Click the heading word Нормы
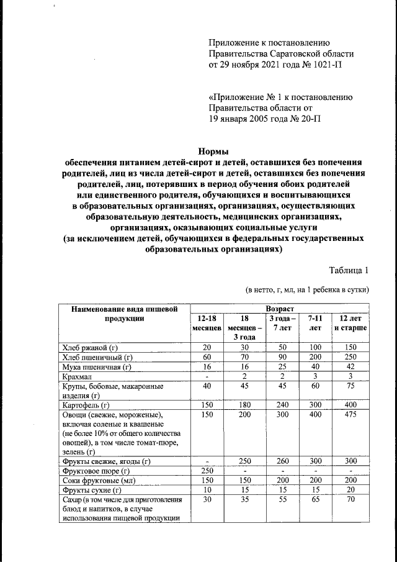213,151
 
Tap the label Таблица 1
349,270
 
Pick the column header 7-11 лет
314,322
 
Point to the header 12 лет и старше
350,322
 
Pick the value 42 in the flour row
350,366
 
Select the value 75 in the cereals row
350,386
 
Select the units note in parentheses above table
307,289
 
